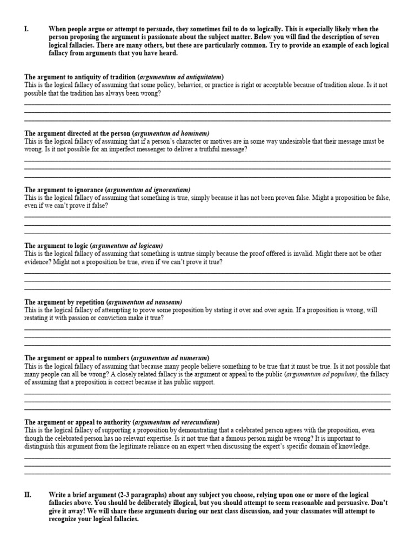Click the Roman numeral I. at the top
(26, 29)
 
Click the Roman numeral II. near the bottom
(28, 495)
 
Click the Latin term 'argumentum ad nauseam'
(146, 302)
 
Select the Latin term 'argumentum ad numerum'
(170, 358)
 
